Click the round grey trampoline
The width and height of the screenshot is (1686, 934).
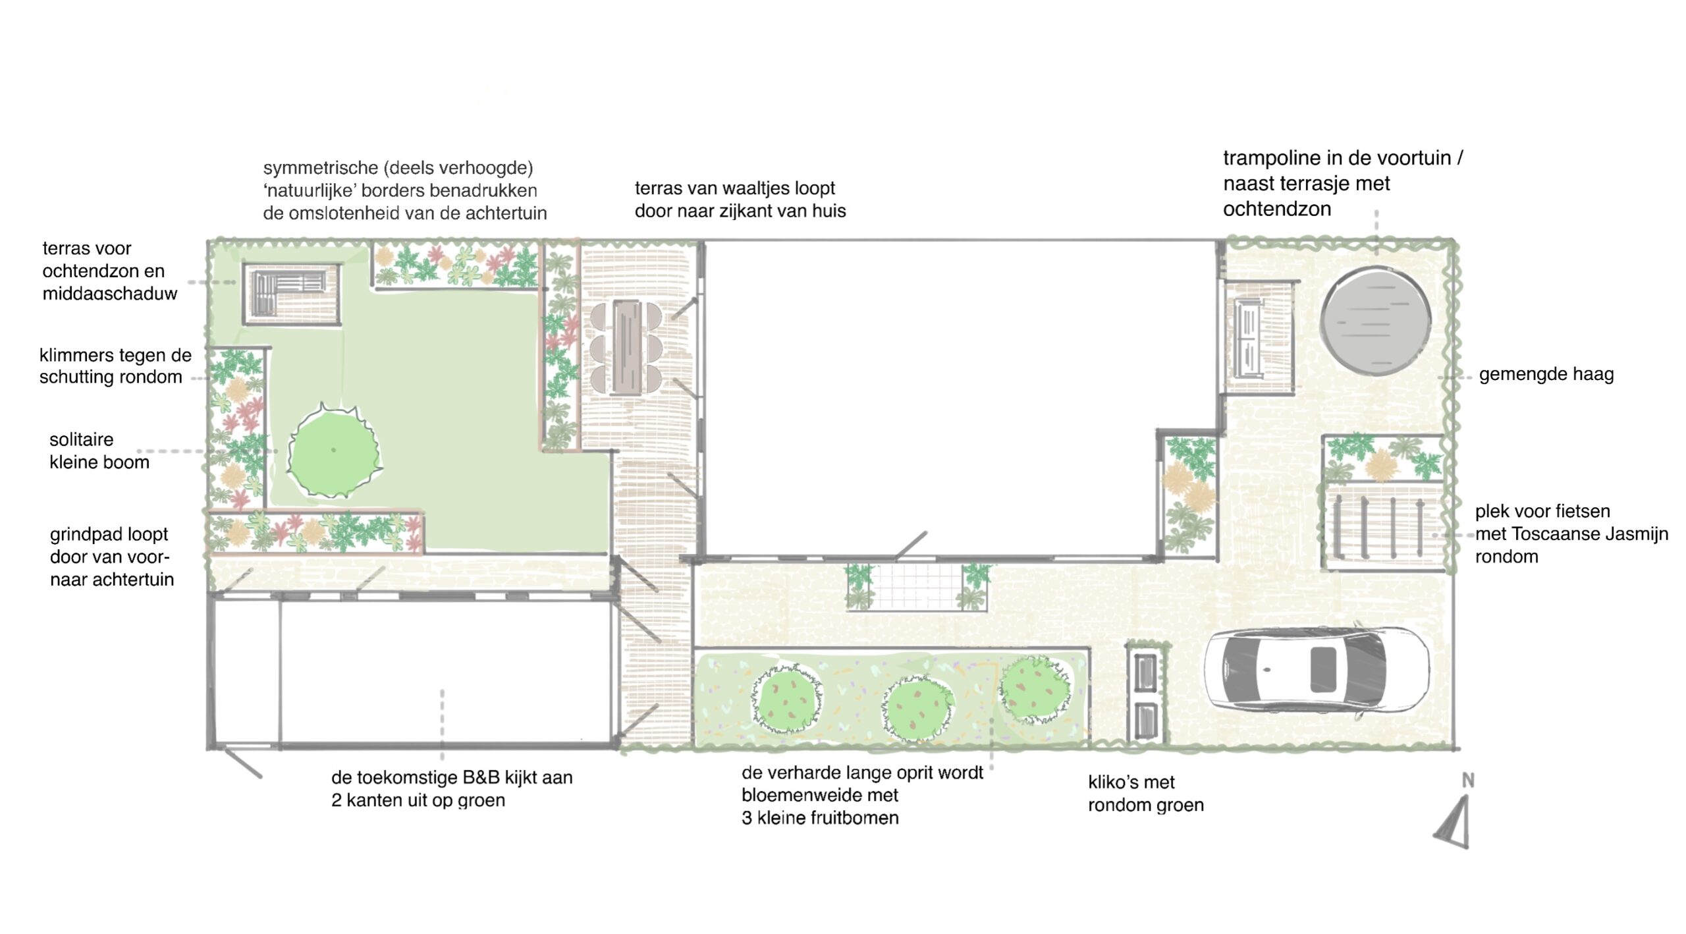1376,321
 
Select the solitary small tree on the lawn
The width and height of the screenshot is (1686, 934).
334,451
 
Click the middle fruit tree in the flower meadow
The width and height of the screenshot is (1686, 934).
919,708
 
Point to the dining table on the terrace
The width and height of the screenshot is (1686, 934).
626,347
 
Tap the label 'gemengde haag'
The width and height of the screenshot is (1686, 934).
1546,374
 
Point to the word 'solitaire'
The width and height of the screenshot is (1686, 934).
81,439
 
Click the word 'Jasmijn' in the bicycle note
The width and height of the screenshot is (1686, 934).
1636,534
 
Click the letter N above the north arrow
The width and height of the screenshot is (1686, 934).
1468,781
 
